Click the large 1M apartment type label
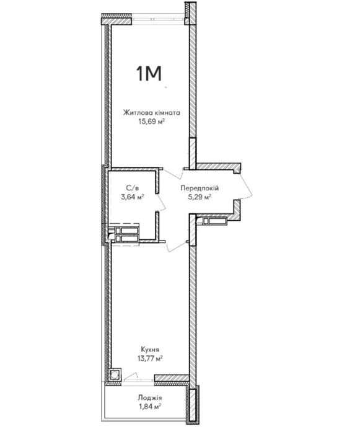point(149,74)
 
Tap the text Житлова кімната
point(152,113)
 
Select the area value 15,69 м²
point(152,122)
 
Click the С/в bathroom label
point(132,188)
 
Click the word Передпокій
point(200,188)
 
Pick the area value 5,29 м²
point(200,197)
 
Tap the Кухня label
point(150,350)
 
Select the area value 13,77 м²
point(150,358)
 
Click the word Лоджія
point(150,398)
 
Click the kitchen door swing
point(177,247)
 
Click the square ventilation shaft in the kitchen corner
point(115,375)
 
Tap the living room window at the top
point(158,20)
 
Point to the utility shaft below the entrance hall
point(214,221)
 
